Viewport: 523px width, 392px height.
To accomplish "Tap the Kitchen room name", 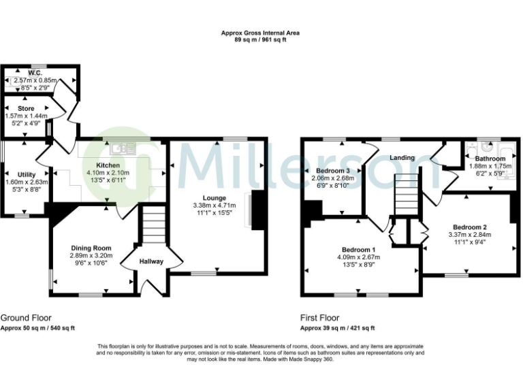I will [x=108, y=165].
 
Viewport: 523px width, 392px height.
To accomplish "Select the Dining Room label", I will [x=91, y=248].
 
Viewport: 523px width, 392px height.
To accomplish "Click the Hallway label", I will [x=151, y=261].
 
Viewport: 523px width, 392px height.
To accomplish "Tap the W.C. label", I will [x=35, y=73].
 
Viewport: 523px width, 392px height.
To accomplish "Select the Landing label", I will [x=402, y=158].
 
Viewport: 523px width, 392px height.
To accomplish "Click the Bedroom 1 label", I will [x=358, y=249].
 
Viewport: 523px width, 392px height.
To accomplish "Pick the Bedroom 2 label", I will [x=470, y=227].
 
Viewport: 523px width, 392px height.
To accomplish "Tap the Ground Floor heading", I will [x=25, y=318].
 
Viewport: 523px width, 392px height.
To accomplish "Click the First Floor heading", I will [x=319, y=318].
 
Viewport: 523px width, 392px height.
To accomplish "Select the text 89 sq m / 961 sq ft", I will [x=260, y=40].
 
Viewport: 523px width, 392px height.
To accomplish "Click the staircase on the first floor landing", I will [x=405, y=195].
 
